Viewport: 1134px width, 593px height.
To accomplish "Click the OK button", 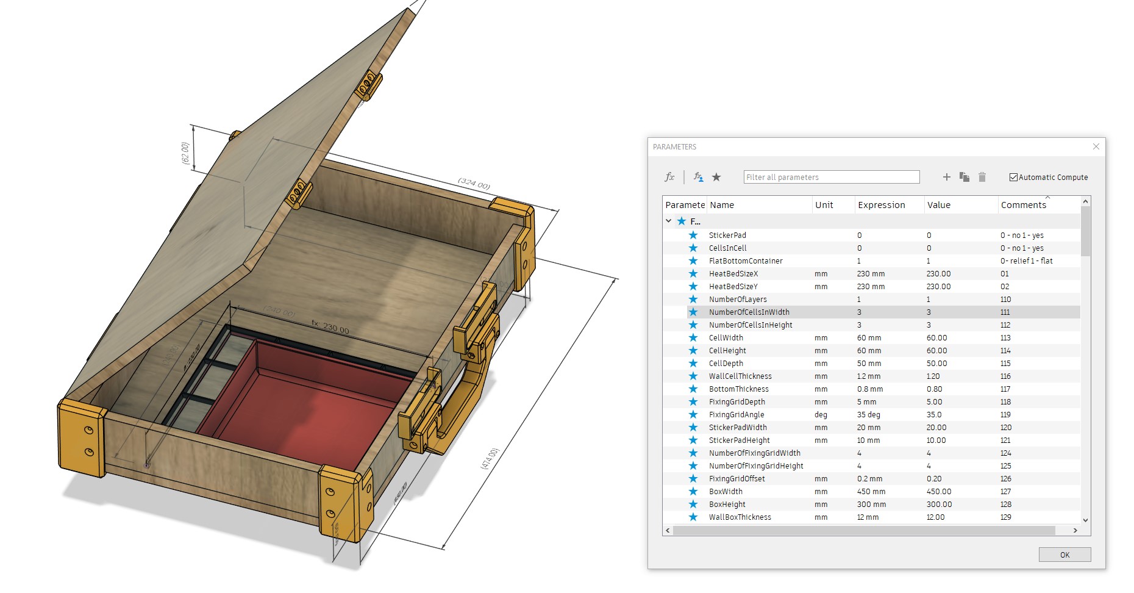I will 1064,555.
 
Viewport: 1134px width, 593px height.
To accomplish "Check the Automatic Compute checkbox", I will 1013,178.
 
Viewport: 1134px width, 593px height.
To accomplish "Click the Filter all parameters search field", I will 831,177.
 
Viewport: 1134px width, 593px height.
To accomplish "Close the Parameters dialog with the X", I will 1096,146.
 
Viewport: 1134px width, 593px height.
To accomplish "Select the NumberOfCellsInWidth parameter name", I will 749,312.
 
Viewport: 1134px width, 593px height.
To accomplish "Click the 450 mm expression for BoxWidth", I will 871,491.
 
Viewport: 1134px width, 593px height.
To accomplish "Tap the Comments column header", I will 1023,205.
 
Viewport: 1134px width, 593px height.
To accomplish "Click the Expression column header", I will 881,205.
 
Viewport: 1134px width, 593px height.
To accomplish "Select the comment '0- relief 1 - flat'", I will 1026,261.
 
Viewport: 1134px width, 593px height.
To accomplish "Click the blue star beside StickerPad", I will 693,235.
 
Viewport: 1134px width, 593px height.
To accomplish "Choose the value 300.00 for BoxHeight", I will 939,504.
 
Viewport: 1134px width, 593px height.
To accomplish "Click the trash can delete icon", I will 982,177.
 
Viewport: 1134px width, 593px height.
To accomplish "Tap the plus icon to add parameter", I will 946,177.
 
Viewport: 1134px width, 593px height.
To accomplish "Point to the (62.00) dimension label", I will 185,153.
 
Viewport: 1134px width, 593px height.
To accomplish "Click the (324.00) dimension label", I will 474,183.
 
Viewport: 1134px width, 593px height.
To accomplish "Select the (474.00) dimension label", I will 490,458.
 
